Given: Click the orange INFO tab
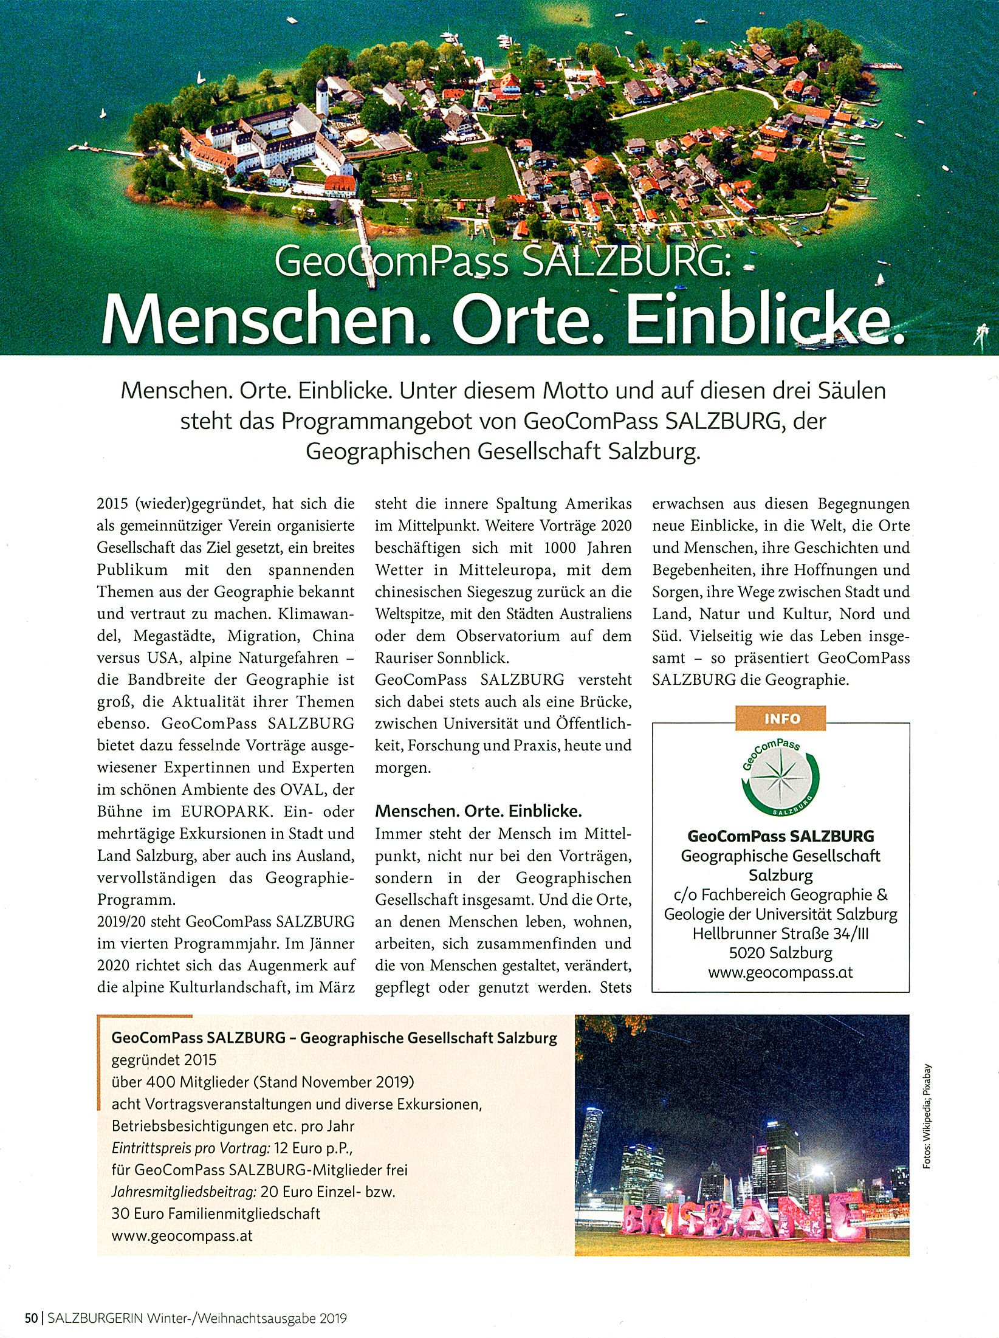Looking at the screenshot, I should tap(783, 718).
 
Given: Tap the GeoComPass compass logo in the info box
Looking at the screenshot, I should tap(780, 780).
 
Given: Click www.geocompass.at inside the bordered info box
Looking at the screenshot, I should tap(780, 972).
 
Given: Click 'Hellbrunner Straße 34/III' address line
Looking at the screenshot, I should tap(780, 933).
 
